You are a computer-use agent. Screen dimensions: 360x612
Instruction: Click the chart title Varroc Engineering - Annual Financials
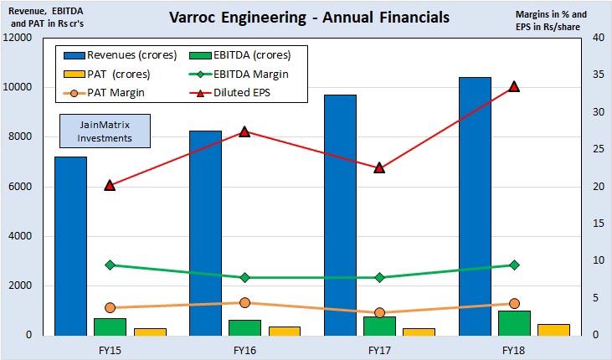click(308, 17)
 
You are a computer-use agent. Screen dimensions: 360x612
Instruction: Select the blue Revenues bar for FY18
click(476, 206)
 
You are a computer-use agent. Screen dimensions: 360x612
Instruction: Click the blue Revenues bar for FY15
click(71, 245)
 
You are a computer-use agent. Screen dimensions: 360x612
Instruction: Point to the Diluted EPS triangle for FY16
click(244, 131)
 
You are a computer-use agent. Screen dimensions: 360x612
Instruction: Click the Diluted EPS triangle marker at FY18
click(514, 86)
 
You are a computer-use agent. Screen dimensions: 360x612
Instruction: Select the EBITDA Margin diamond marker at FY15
click(110, 265)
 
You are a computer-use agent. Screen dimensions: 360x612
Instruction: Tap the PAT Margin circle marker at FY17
click(379, 312)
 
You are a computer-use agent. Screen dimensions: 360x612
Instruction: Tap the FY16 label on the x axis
click(244, 348)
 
